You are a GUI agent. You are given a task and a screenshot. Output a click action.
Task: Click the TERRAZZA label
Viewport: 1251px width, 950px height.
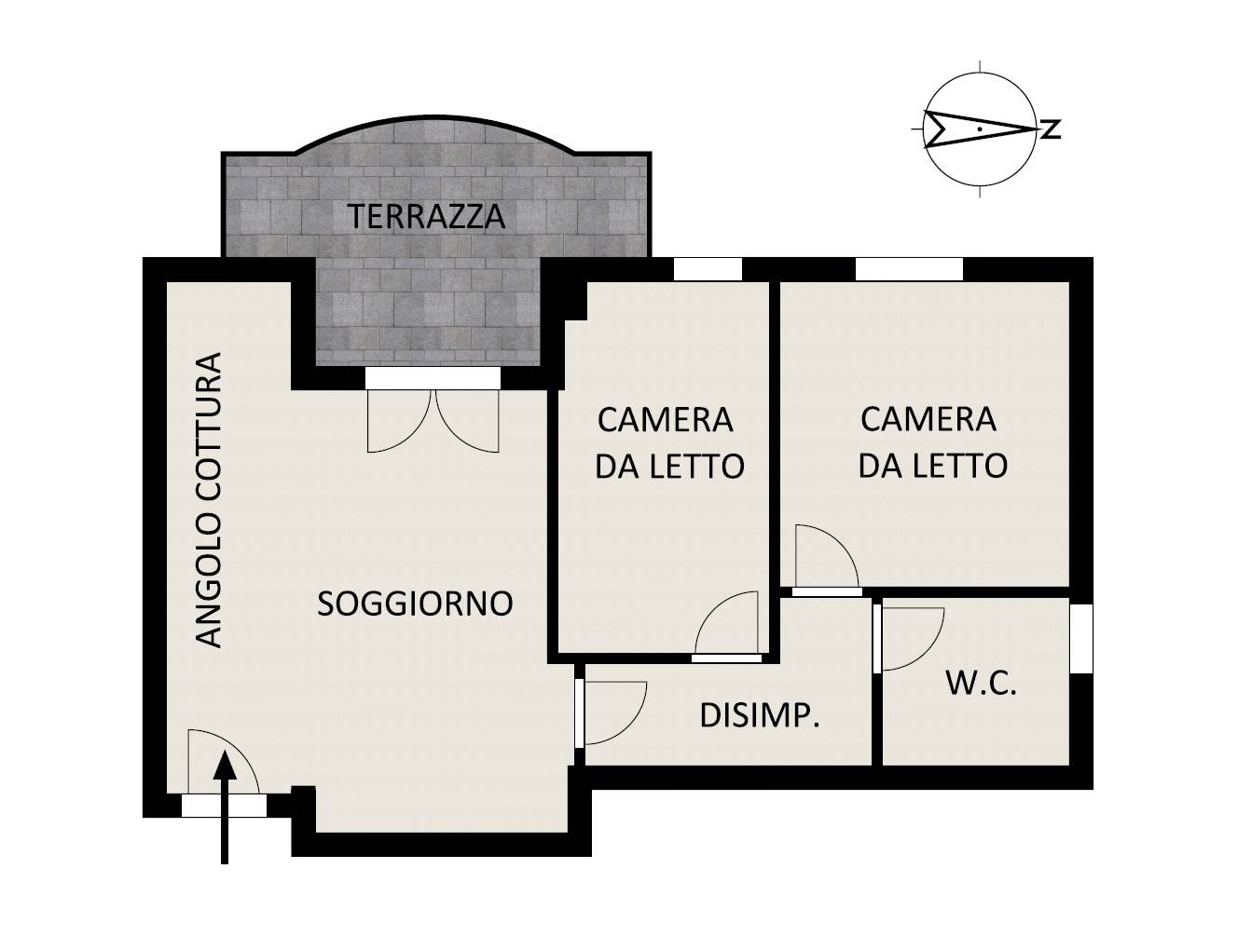[427, 216]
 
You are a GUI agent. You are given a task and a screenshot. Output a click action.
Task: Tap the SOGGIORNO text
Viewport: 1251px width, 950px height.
[415, 604]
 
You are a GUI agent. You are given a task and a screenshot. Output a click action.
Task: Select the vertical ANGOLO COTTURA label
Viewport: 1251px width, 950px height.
[211, 500]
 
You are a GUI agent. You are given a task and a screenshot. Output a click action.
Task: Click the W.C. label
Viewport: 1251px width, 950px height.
[981, 684]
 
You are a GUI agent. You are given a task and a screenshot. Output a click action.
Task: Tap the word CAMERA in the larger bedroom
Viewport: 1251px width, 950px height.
[928, 419]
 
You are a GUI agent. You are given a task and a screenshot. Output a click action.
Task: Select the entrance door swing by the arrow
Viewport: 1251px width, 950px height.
[220, 764]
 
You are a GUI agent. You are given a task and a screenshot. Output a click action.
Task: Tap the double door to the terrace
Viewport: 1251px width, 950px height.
[433, 419]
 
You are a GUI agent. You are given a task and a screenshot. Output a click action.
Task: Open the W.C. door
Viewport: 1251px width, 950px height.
[910, 638]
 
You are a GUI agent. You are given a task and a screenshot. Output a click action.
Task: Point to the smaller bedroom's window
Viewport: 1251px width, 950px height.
[708, 268]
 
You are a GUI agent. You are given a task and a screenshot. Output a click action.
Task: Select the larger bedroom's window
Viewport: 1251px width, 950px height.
[909, 268]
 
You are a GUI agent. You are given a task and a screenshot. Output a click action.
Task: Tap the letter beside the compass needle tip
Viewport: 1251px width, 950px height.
[1051, 129]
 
